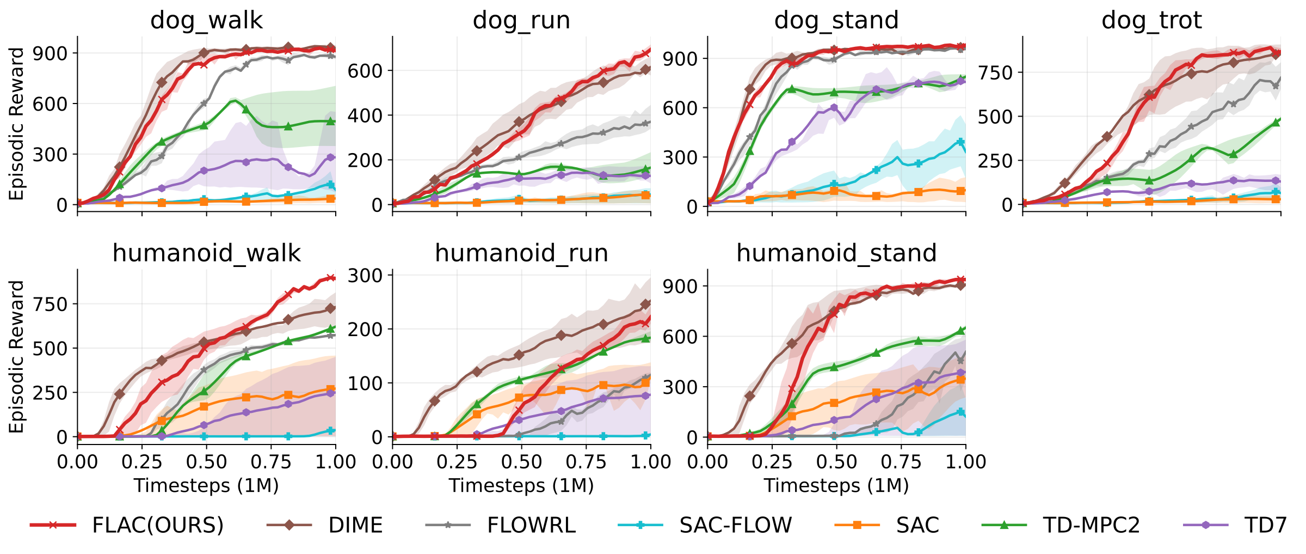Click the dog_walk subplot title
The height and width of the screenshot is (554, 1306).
coord(206,21)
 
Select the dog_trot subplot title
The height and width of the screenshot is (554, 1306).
coord(1151,21)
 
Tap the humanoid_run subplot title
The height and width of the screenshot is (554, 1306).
coord(521,253)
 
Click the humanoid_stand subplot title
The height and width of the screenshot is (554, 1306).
coord(836,253)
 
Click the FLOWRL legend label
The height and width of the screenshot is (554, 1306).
coord(531,525)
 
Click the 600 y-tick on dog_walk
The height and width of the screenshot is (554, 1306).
coord(50,104)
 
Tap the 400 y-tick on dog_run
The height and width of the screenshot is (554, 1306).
coord(365,115)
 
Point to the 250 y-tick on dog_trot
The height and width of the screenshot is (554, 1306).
coord(995,161)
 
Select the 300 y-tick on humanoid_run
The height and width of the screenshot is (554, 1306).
coord(365,276)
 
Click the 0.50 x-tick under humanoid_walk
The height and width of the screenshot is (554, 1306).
coord(206,462)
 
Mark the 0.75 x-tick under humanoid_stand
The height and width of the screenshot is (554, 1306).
coord(901,462)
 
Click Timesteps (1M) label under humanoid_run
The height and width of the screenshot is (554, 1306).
coord(521,485)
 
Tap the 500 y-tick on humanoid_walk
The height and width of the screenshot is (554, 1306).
coord(50,349)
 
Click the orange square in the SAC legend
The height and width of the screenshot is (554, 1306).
coord(857,525)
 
